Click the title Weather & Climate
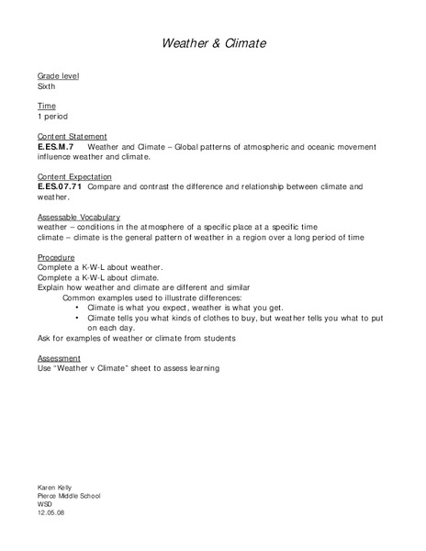pyautogui.click(x=213, y=43)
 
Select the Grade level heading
pyautogui.click(x=57, y=75)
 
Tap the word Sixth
pyautogui.click(x=46, y=85)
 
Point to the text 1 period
pyautogui.click(x=51, y=117)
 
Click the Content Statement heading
pyautogui.click(x=72, y=136)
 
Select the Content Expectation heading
pyautogui.click(x=74, y=176)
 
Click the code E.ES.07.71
pyautogui.click(x=60, y=186)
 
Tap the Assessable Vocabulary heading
pyautogui.click(x=80, y=217)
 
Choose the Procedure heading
pyautogui.click(x=55, y=257)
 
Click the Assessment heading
pyautogui.click(x=59, y=357)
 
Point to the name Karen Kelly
pyautogui.click(x=55, y=487)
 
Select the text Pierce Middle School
pyautogui.click(x=69, y=496)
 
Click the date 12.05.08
pyautogui.click(x=51, y=513)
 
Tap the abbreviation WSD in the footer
pyautogui.click(x=45, y=504)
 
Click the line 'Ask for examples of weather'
pyautogui.click(x=136, y=338)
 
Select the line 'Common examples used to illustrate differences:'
pyautogui.click(x=151, y=298)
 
